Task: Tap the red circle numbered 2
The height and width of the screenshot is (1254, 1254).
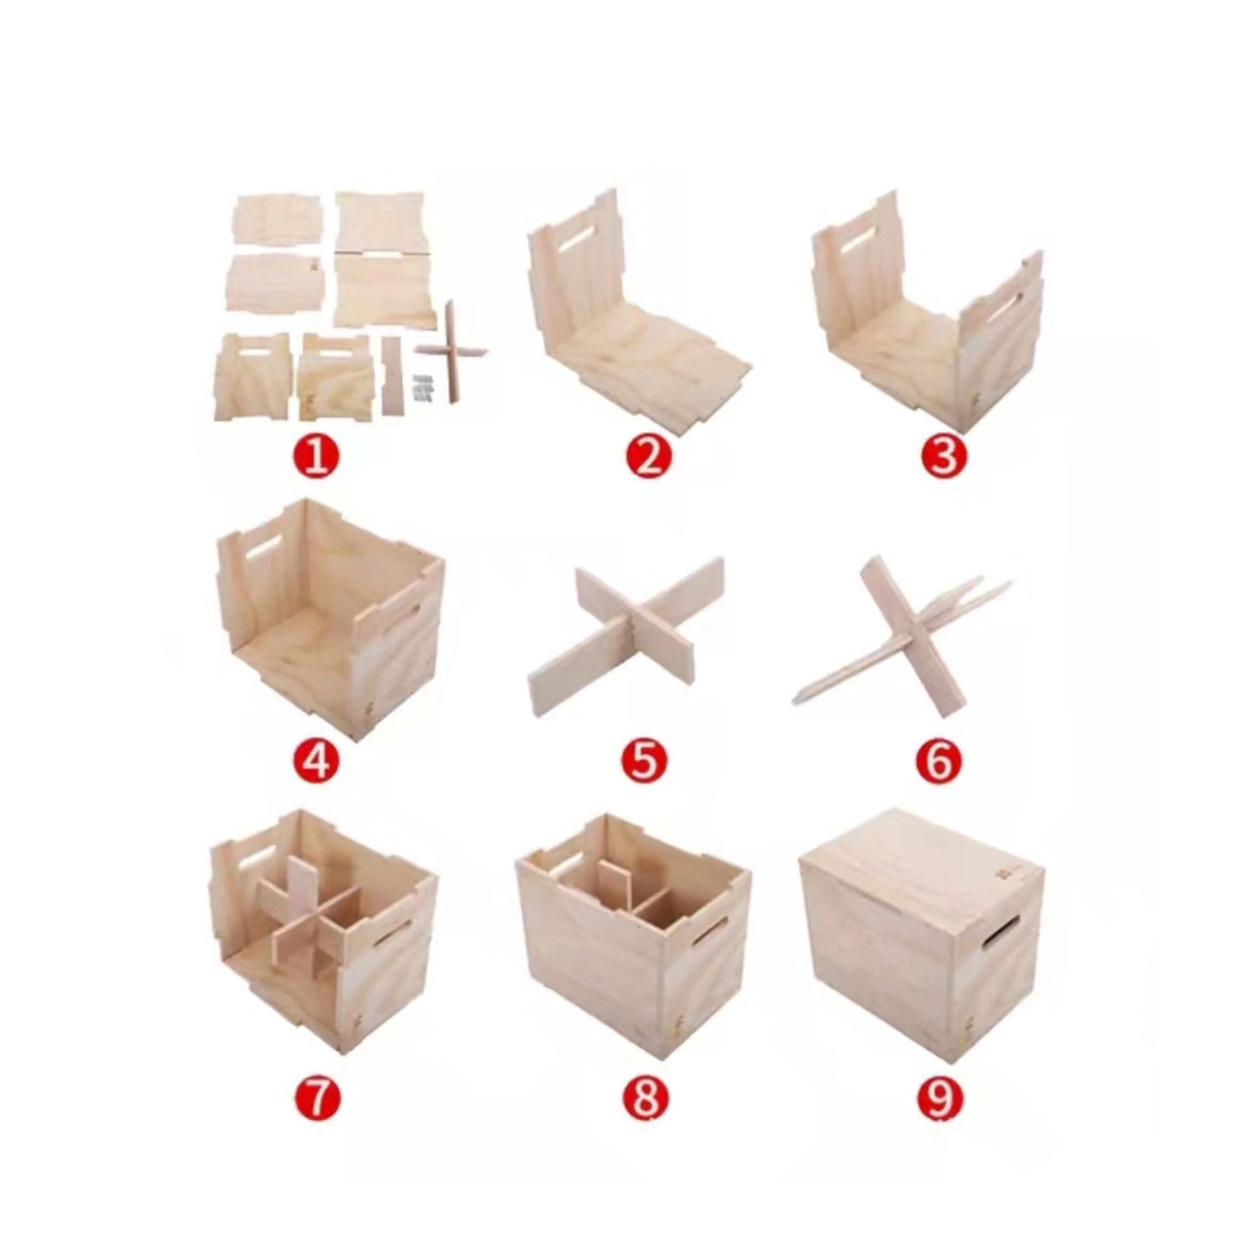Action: click(648, 457)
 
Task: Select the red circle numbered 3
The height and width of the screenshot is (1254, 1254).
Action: click(942, 457)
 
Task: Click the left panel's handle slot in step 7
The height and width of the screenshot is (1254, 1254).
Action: click(257, 860)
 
